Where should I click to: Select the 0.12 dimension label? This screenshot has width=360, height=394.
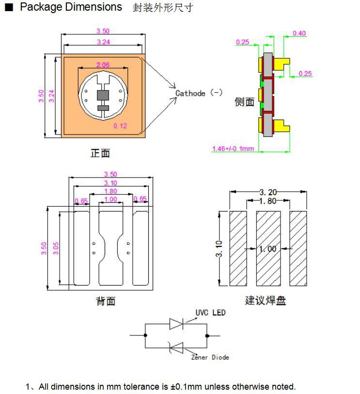coord(120,126)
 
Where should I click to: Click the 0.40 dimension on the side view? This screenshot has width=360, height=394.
coord(299,33)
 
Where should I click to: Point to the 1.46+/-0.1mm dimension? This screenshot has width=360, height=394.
coord(233,148)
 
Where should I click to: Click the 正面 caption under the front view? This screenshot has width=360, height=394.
coord(100,153)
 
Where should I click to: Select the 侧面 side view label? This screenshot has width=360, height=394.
coord(244,102)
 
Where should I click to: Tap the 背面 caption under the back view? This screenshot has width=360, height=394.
coord(105,301)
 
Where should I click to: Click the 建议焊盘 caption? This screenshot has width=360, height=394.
coord(266,301)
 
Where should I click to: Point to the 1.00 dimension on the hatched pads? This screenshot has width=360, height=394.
coord(268,249)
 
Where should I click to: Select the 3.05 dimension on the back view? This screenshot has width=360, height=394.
coord(56,248)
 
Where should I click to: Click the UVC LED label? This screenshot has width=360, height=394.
coord(210,313)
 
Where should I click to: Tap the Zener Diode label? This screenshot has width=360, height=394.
coord(210,357)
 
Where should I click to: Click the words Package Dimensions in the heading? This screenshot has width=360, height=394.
coord(71,7)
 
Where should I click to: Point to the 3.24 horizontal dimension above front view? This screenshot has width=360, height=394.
coord(103,42)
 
